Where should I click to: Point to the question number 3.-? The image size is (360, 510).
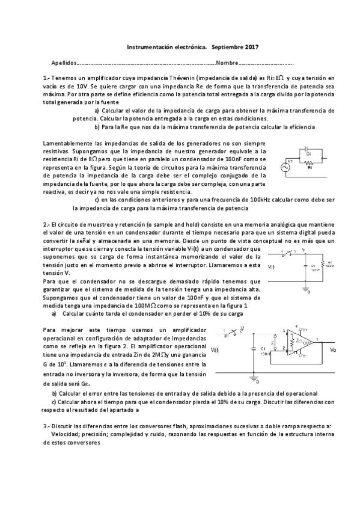click(x=47, y=426)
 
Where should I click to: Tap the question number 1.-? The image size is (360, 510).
click(x=47, y=78)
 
